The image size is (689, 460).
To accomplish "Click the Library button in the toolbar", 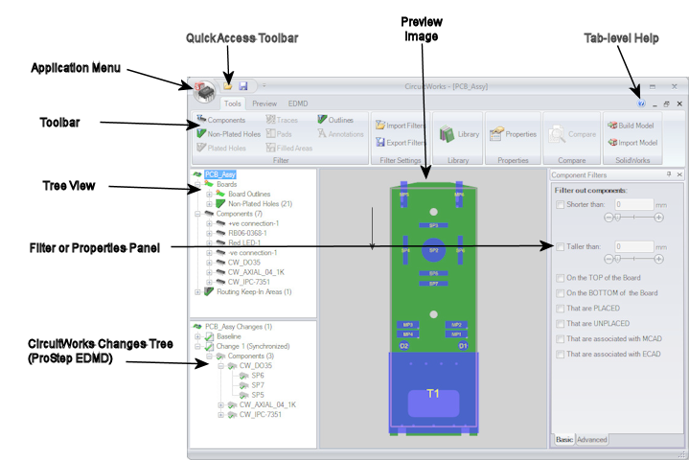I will (458, 135).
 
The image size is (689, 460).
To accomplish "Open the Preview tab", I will (264, 103).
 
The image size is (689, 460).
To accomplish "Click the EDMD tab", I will (297, 103).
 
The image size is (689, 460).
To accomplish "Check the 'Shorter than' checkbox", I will (561, 204).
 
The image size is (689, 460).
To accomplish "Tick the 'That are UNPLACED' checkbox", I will (561, 324).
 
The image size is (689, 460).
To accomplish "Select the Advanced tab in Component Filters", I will (591, 439).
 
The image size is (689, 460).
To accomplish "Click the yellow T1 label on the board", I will (433, 393).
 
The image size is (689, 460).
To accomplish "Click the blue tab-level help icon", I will (641, 103).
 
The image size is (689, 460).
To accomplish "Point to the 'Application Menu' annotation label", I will (76, 68).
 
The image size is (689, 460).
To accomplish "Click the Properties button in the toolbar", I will (514, 135).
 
